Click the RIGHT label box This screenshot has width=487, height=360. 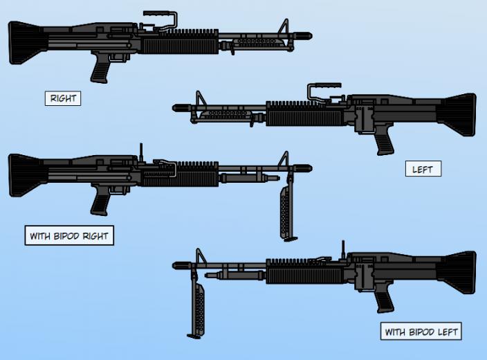tap(63, 98)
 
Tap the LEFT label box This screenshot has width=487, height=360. tap(423, 169)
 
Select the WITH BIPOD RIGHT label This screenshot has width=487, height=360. tap(69, 235)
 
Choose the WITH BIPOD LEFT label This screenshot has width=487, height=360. tap(421, 332)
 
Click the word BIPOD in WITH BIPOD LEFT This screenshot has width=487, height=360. tap(421, 332)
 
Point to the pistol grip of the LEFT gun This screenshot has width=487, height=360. tap(385, 140)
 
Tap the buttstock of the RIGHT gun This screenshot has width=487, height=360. tap(26, 43)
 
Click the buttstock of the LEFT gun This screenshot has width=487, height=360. tap(457, 114)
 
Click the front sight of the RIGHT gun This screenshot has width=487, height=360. tap(284, 27)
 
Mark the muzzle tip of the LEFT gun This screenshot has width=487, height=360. tap(173, 108)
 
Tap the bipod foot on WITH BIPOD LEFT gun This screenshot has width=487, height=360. tap(194, 336)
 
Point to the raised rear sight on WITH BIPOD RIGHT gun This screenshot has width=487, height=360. tap(141, 152)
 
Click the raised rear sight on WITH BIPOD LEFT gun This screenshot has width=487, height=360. tap(343, 249)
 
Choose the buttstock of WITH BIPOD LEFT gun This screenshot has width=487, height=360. tap(457, 272)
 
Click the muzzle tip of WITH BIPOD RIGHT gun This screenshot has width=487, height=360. tap(311, 168)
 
